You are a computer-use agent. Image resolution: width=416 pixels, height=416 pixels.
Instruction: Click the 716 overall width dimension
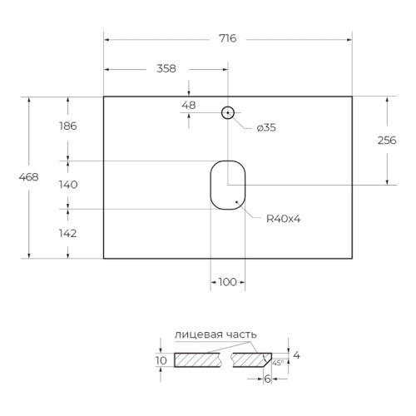pos(228,38)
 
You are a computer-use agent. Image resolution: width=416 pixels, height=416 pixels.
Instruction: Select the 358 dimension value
pos(166,68)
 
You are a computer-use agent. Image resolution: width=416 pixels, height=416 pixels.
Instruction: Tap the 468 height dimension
pos(28,177)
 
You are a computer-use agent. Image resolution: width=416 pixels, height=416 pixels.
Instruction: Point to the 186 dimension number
pos(67,126)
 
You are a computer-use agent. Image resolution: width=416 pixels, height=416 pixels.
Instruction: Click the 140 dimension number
pos(68,185)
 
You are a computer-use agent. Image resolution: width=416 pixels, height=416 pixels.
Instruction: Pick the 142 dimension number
pos(67,234)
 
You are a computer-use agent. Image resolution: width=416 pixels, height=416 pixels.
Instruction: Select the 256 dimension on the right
pos(387,141)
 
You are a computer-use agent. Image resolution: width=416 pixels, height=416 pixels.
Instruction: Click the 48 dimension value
pos(189,106)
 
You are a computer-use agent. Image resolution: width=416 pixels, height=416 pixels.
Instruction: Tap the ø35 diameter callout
pos(266,128)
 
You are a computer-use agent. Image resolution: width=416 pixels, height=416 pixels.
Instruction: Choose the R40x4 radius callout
pos(284,219)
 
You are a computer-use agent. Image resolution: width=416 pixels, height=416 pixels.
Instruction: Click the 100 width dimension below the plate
pos(227,282)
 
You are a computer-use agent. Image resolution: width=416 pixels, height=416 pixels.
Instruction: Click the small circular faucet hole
pos(228,106)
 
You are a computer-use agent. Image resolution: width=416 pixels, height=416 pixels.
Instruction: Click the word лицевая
pos(199,334)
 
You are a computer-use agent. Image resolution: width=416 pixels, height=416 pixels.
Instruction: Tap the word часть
pos(241,334)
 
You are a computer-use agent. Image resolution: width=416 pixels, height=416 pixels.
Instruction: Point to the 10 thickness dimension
pos(161,360)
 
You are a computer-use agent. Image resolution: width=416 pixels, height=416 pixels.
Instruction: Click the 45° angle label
pos(278,363)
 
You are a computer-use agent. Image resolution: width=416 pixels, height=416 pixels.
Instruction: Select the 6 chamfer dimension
pos(267,379)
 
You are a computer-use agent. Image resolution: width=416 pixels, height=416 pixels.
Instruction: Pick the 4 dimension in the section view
pos(296,355)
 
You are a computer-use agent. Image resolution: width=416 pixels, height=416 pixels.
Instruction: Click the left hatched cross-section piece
pos(197,360)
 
